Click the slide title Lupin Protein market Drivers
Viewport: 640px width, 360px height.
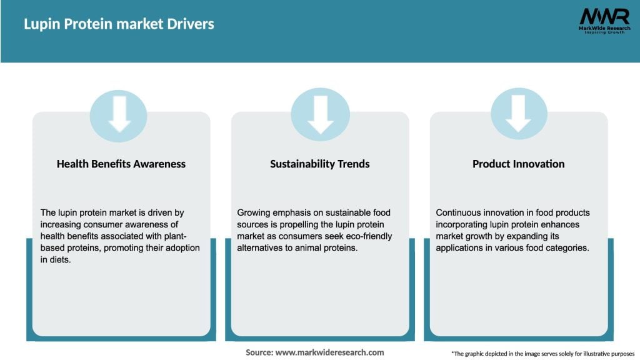119,24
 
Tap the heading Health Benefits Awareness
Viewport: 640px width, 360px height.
121,164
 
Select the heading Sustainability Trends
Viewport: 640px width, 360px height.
320,164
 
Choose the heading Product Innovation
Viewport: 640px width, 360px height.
518,164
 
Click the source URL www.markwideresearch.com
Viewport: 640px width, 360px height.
329,352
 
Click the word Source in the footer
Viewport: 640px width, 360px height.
259,352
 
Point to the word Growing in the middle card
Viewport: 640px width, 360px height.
254,212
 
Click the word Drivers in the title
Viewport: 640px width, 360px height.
187,24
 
